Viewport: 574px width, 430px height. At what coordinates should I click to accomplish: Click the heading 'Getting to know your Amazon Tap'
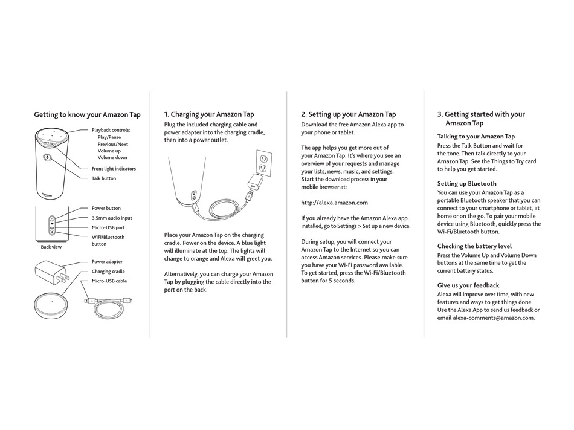(x=87, y=114)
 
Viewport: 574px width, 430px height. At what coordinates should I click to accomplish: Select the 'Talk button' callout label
(x=104, y=178)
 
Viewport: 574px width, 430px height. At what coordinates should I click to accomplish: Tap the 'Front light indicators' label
(x=114, y=169)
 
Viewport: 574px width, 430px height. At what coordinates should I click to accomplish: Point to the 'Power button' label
(x=106, y=208)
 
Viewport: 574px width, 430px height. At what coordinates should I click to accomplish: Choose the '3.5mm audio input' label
(x=112, y=218)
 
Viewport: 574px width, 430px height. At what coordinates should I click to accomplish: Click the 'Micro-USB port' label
(x=108, y=227)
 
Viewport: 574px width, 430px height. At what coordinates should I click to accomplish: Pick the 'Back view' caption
(x=51, y=247)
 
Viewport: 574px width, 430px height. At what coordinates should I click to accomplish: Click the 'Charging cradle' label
(x=109, y=272)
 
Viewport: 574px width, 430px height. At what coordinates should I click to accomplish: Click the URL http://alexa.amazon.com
(x=334, y=203)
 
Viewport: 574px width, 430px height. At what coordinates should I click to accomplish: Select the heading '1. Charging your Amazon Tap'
(x=209, y=114)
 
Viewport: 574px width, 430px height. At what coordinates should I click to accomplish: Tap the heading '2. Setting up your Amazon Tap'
(x=349, y=114)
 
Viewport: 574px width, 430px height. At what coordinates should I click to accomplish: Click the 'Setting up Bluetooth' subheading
(x=467, y=183)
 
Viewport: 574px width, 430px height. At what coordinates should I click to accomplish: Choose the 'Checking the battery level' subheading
(x=474, y=246)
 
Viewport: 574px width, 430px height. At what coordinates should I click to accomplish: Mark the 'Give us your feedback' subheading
(x=468, y=285)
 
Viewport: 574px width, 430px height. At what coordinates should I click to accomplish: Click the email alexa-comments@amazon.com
(x=494, y=318)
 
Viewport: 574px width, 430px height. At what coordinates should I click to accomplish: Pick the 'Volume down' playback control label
(x=112, y=157)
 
